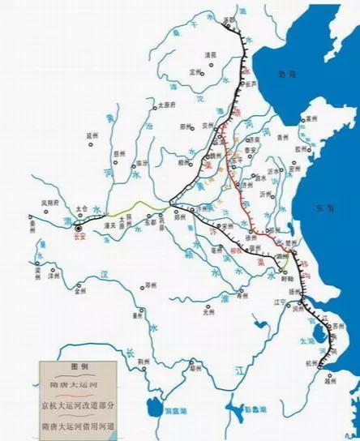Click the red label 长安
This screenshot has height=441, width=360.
(x=79, y=238)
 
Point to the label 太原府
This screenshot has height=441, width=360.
(x=167, y=105)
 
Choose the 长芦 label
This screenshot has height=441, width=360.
(x=251, y=83)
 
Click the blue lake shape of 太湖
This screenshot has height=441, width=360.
(x=310, y=340)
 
